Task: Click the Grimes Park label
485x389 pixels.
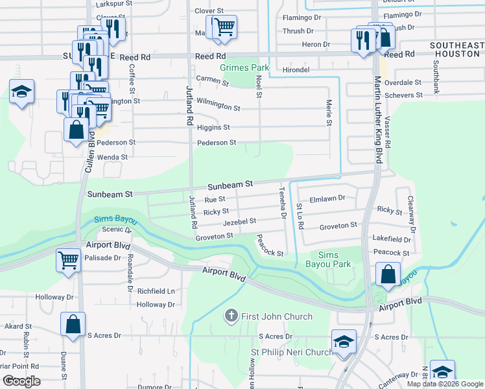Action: coord(244,67)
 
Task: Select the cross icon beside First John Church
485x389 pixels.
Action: coord(230,316)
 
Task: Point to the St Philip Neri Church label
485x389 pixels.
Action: coord(292,352)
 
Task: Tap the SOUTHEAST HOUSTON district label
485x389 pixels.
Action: coord(457,50)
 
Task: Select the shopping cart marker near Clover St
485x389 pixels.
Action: coord(224,27)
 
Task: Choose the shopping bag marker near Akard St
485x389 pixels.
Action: coord(73,324)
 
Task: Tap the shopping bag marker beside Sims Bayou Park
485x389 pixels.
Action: coord(388,274)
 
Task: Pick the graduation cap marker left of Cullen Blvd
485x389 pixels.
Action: coord(21,92)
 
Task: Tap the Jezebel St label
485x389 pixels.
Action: coord(239,222)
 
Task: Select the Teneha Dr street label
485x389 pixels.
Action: coord(282,203)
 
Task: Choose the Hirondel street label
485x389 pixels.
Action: coord(297,69)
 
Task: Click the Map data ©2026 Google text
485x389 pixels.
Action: coord(444,384)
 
